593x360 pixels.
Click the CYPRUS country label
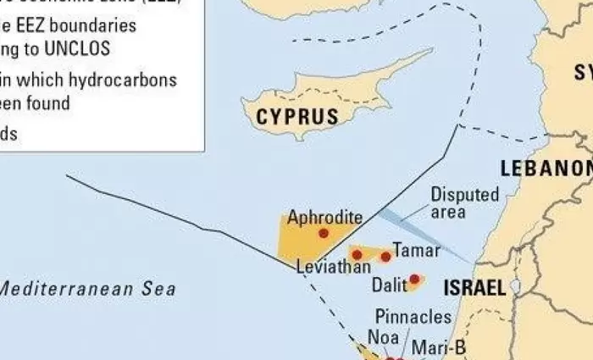296,116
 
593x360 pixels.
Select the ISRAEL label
474,287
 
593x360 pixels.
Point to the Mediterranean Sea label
86,289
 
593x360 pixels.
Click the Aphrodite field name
325,217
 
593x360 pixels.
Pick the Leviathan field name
334,267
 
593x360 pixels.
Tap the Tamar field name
417,251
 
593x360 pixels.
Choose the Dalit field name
390,285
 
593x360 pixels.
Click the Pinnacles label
413,317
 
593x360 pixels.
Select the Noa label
383,336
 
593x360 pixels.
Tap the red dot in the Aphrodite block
323,233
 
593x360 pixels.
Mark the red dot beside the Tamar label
385,256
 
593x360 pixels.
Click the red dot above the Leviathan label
357,254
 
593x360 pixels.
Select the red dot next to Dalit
414,279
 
